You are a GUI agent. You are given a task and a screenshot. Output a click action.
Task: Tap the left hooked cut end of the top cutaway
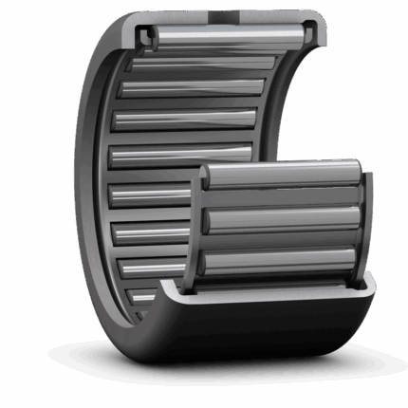click(x=148, y=36)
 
